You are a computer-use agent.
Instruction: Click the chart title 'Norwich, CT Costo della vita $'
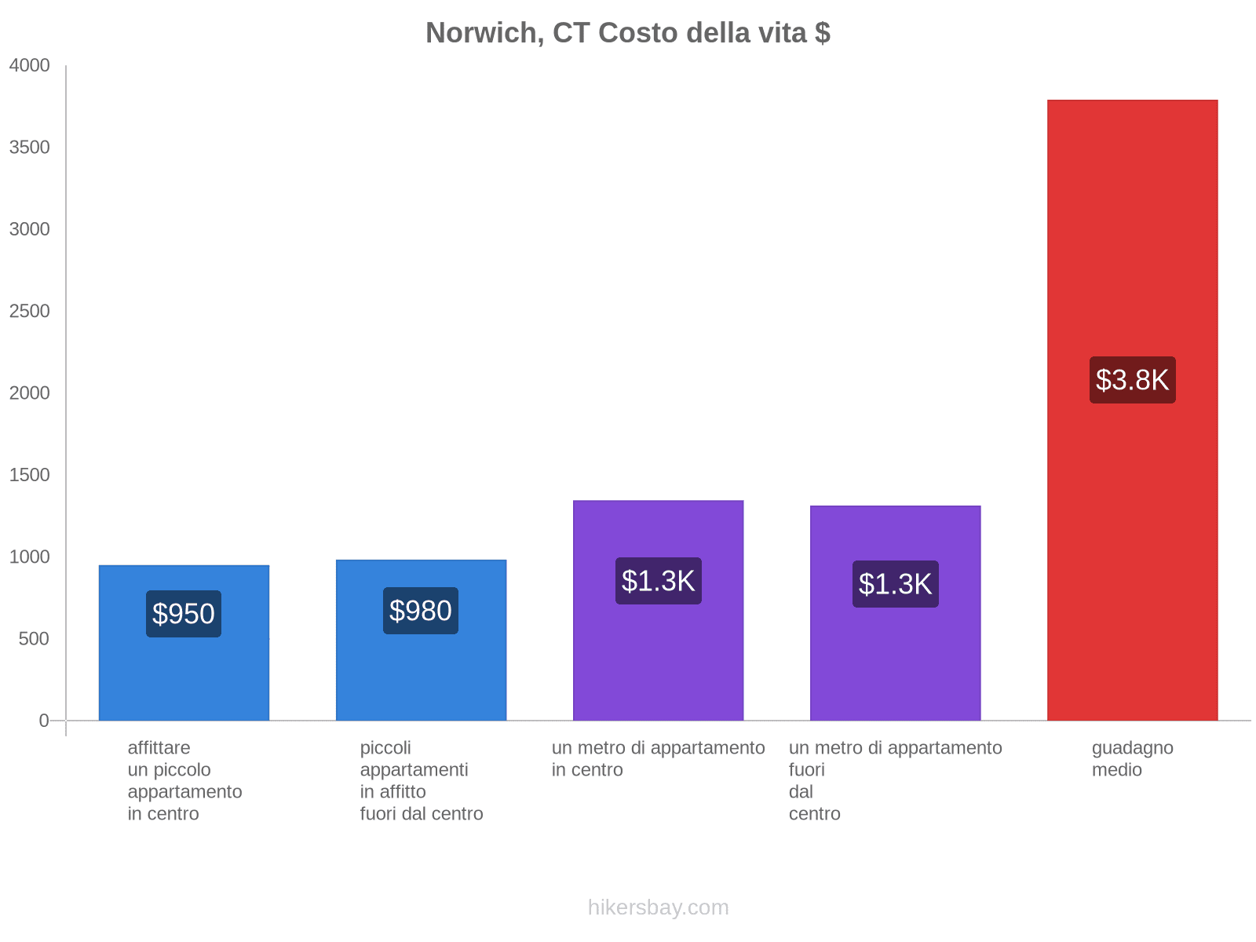[627, 33]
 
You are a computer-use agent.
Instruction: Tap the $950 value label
[184, 614]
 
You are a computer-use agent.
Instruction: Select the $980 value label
[421, 611]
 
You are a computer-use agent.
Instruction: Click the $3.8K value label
[1132, 380]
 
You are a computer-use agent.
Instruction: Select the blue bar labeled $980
[421, 675]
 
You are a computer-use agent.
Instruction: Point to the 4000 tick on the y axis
[29, 66]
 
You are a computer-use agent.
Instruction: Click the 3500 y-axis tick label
[29, 148]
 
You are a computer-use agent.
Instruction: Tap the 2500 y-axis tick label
[29, 312]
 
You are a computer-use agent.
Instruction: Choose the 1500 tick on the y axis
[29, 475]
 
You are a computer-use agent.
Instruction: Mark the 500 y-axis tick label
[33, 639]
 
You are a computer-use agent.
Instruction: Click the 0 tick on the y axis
[44, 721]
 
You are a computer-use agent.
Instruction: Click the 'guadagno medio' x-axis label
[1132, 759]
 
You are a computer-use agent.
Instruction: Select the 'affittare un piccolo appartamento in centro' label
[184, 780]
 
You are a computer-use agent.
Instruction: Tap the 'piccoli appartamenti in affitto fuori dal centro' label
[422, 780]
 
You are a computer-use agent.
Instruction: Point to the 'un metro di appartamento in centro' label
[658, 759]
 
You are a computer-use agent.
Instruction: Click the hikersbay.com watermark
[658, 907]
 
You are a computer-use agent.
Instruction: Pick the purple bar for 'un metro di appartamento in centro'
[658, 667]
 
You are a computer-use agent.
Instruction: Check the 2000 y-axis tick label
[29, 393]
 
